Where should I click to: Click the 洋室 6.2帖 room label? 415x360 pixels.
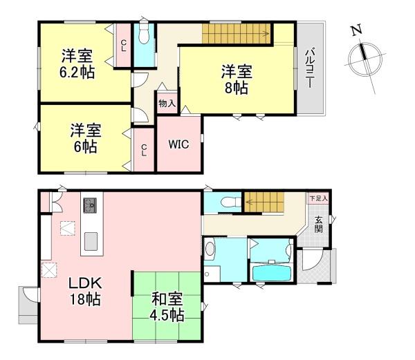pos(77,63)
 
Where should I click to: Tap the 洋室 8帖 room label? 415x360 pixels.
pos(236,78)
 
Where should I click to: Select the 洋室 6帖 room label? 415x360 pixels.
pos(86,138)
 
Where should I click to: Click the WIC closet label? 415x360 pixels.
pos(180,145)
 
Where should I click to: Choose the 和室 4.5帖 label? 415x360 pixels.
pos(167,307)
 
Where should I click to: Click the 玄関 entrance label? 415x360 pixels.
pos(319,225)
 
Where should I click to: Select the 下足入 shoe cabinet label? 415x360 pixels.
pos(318,198)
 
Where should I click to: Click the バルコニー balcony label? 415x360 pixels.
pos(311,68)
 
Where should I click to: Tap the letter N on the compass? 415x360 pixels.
pos(356,31)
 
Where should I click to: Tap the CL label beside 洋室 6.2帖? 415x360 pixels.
pos(123,46)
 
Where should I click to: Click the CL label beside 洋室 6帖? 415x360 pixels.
pos(143,149)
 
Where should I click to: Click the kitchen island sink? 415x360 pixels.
pos(91,241)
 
